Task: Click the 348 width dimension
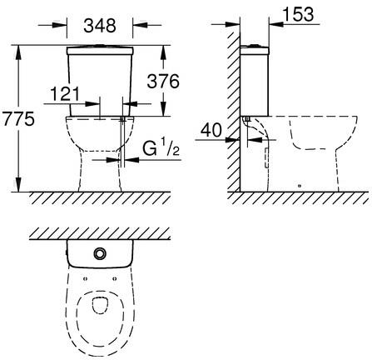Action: coord(100,26)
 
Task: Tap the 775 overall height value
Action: coord(18,118)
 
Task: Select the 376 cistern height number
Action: coord(163,81)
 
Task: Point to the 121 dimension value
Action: coord(65,93)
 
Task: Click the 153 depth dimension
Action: coord(299,14)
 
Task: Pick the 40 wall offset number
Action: coord(211,130)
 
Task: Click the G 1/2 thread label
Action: coord(161,148)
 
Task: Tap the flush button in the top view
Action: coord(100,253)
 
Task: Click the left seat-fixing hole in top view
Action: coord(85,278)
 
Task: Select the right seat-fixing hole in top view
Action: coord(115,278)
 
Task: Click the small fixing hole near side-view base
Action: coord(299,186)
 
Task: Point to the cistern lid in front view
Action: coord(100,50)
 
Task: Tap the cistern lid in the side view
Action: coord(255,50)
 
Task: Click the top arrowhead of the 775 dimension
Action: coord(18,52)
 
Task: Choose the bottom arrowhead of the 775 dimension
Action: coord(18,184)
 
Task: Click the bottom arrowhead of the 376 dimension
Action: coord(163,109)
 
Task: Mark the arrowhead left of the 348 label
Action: coord(60,25)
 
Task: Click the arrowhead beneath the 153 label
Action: coord(276,24)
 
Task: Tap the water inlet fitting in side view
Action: coord(247,119)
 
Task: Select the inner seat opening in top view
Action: coord(100,306)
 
